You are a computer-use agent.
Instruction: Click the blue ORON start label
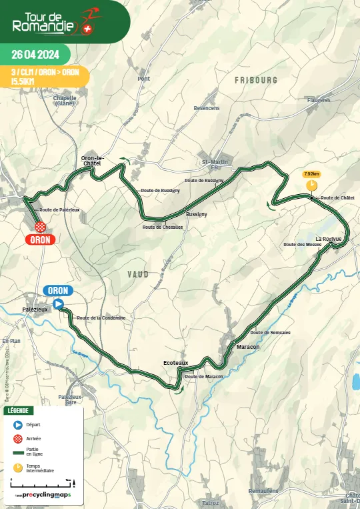tap(58, 290)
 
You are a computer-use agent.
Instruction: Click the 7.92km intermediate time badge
tap(311, 174)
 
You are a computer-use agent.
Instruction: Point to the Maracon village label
tap(248, 348)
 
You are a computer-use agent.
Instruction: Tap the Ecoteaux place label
tap(176, 362)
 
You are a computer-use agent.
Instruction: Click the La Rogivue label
tap(329, 239)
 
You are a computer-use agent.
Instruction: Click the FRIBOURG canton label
tap(256, 79)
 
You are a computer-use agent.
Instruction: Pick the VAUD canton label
tap(138, 274)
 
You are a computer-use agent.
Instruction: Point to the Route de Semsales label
tap(270, 332)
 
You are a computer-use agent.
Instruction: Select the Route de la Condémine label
tap(101, 318)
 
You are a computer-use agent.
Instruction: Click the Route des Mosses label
tap(302, 245)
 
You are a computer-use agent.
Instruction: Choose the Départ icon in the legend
tap(18, 424)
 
